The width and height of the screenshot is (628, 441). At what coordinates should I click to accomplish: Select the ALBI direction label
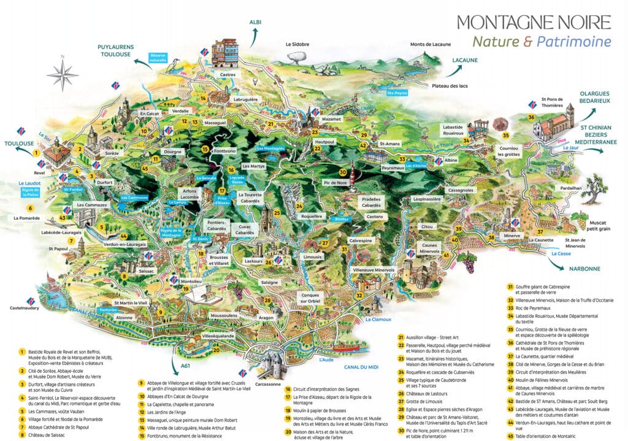point(255,23)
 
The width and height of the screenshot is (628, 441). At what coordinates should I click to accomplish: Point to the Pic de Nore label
point(335,183)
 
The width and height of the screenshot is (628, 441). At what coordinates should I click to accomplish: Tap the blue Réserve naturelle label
point(158,58)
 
